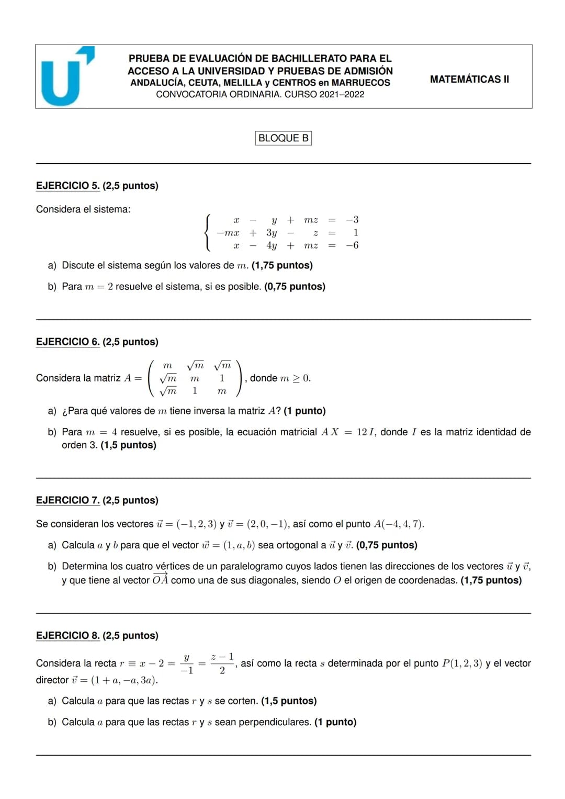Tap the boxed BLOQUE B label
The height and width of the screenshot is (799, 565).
[284, 138]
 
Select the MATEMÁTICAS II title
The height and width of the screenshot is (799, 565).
[469, 80]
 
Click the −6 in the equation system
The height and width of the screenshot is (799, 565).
[352, 245]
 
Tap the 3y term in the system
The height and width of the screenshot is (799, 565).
[272, 233]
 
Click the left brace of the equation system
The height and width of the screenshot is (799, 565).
[209, 233]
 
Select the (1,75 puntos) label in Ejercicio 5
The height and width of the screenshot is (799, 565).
[282, 265]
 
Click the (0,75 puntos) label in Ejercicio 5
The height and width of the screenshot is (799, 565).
[295, 287]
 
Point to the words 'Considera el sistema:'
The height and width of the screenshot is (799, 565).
[83, 209]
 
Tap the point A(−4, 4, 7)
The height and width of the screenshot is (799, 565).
[399, 524]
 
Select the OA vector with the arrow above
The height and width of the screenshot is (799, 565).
[160, 580]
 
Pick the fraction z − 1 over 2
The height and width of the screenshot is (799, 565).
[222, 663]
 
